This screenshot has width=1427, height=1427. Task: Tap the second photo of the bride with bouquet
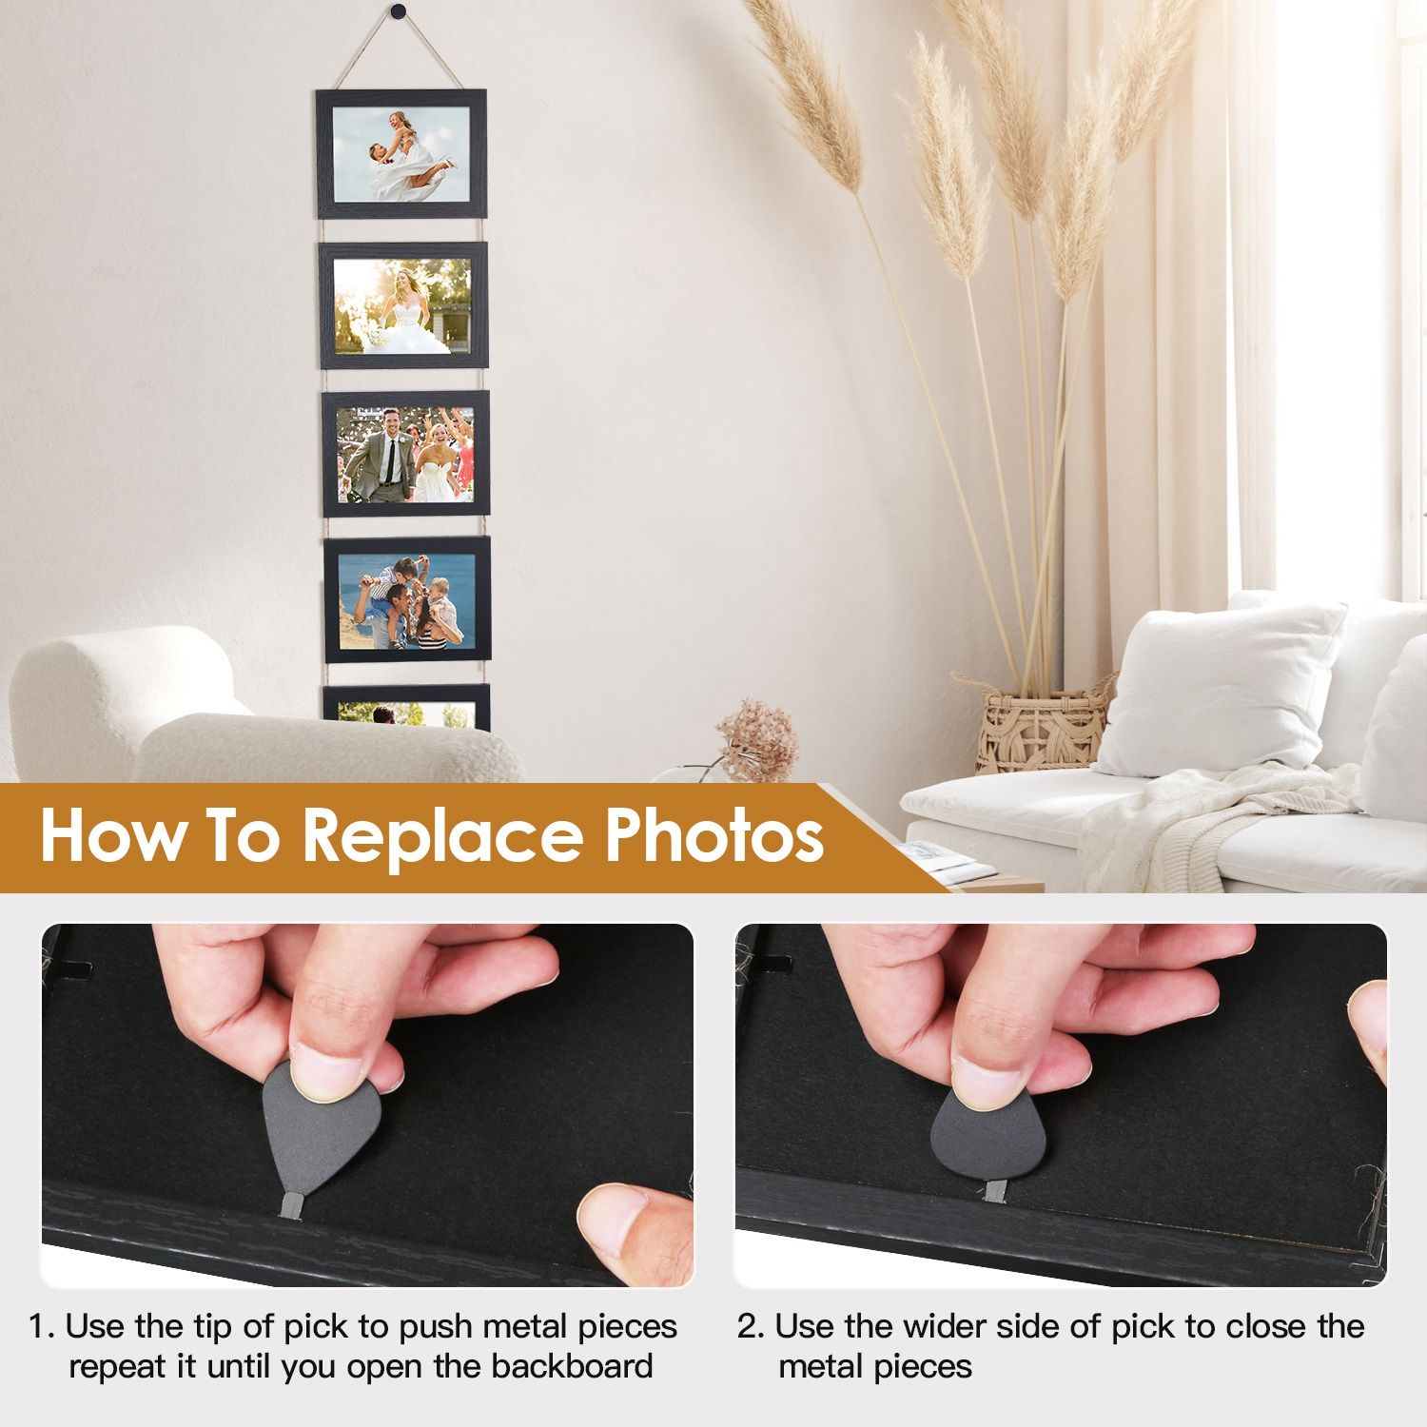403,305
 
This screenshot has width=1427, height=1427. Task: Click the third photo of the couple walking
406,454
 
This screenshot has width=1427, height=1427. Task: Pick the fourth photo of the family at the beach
408,600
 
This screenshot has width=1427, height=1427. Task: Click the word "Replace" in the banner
442,835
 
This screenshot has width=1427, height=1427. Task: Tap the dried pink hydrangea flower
757,737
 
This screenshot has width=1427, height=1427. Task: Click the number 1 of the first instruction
36,1326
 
